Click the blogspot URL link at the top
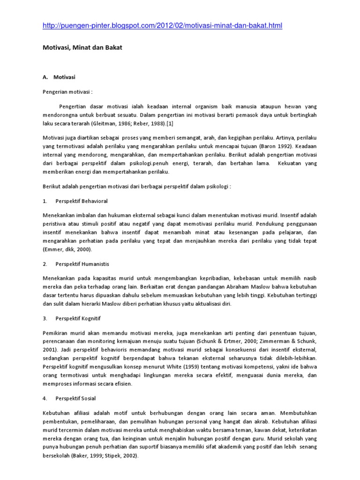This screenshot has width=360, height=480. coord(162,26)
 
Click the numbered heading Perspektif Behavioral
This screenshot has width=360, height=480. coord(82,201)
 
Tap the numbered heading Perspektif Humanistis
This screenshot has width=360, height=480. coord(82,264)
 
